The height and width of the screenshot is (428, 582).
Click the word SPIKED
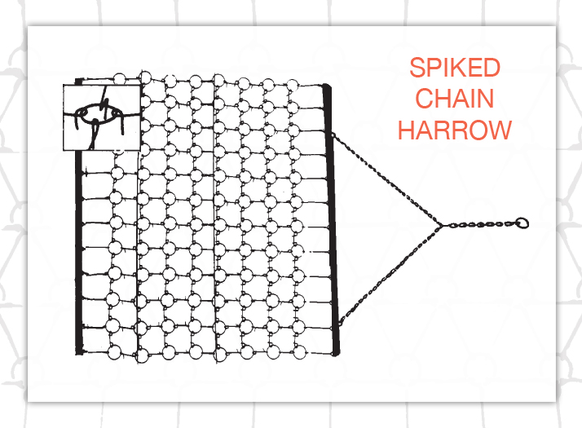[x=455, y=67]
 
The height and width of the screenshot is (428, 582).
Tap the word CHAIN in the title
[x=454, y=99]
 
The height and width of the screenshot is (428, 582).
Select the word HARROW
[x=455, y=130]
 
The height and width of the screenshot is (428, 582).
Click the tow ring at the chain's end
[x=522, y=223]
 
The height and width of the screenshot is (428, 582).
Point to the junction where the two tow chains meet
[x=441, y=225]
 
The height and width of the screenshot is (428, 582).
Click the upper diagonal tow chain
[x=386, y=179]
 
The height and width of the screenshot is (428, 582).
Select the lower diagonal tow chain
[x=390, y=275]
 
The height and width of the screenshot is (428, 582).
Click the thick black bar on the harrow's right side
[x=331, y=220]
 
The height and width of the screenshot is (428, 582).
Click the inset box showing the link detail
[x=102, y=117]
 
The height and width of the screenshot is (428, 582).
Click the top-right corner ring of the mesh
[x=293, y=85]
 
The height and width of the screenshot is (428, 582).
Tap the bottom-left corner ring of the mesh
[x=115, y=352]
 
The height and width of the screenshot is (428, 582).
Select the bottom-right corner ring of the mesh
[x=299, y=352]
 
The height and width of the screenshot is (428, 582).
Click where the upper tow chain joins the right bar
[x=333, y=135]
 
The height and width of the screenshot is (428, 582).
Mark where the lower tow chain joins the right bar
[x=339, y=324]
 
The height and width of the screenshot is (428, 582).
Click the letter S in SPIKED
[x=417, y=67]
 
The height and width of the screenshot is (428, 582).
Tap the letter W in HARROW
[x=499, y=130]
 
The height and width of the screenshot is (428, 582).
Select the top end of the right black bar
[x=326, y=86]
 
